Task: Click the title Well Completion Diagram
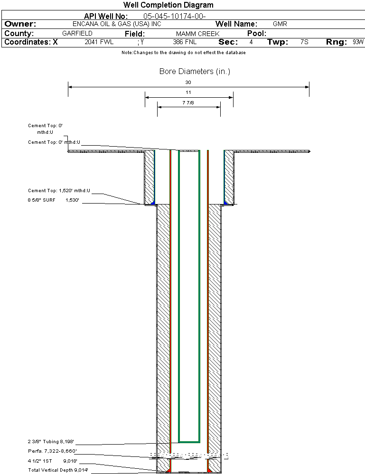pos(168,5)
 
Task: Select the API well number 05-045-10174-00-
pos(175,16)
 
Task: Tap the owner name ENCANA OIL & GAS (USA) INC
pos(117,24)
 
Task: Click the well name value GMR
pos(280,24)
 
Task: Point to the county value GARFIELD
pos(77,34)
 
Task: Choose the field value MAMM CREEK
pos(198,34)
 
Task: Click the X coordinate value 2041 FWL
pos(99,42)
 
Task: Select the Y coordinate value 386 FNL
pos(185,42)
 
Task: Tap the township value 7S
pos(304,42)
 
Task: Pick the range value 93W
pos(358,42)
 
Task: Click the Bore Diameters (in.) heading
pos(195,71)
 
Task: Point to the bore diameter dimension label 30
pos(188,82)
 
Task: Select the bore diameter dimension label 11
pos(188,93)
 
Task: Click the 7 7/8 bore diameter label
pos(188,103)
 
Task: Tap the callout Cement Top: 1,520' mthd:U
pos(59,190)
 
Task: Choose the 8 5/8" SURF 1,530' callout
pos(54,200)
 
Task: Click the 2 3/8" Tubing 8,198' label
pos(51,442)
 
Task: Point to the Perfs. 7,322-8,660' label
pos(52,451)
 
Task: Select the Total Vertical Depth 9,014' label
pos(58,470)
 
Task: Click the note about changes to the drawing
pos(184,53)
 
